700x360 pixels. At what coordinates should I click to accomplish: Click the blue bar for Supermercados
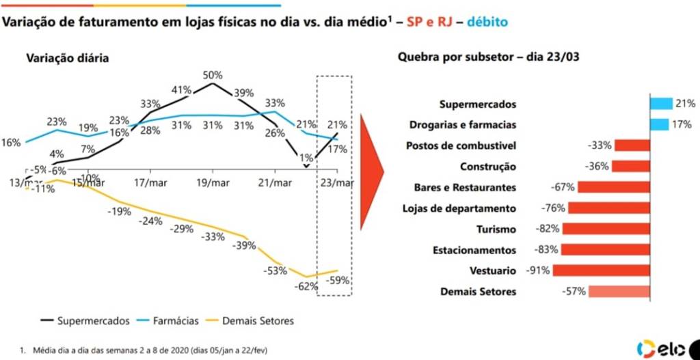pos(662,104)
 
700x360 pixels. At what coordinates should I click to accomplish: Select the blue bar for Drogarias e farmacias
pos(660,124)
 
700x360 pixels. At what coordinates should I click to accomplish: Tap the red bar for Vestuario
pos(601,271)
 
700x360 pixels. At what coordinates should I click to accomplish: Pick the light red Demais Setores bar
pos(619,292)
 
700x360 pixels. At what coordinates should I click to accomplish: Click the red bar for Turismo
pos(605,229)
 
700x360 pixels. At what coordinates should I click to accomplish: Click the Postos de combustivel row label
pos(461,146)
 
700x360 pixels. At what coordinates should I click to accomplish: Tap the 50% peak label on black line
pos(212,75)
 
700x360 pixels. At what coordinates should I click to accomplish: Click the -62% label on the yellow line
pos(307,286)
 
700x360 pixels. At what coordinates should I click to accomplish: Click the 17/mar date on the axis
pos(150,183)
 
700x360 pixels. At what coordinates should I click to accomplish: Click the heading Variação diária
pos(67,58)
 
